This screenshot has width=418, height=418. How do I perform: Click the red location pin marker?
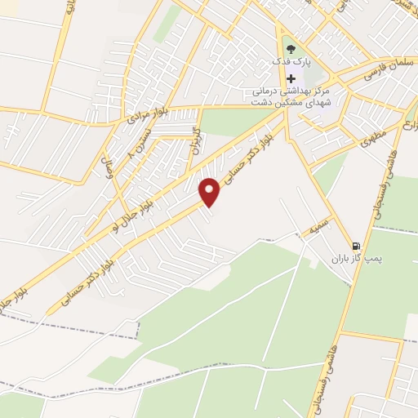(x=211, y=192)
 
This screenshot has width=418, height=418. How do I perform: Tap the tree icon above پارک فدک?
(x=291, y=50)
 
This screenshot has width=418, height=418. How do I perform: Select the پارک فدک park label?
(x=291, y=63)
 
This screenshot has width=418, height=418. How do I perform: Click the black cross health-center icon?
(x=291, y=78)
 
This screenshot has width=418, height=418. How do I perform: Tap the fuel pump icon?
(x=355, y=246)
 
